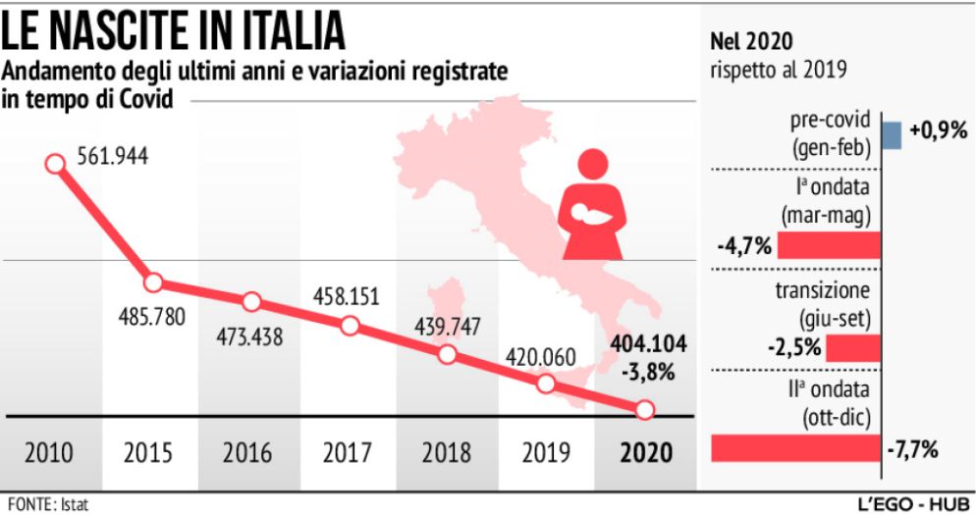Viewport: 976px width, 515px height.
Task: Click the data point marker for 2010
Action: coord(55,164)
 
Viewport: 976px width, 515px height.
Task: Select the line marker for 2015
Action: coord(152,283)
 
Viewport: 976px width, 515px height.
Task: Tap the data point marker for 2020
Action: coord(644,410)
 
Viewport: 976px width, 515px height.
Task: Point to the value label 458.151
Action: coord(346,295)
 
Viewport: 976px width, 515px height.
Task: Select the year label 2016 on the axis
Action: coord(246,453)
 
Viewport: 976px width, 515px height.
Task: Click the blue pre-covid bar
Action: coord(891,134)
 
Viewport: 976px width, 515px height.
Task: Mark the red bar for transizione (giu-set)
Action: coord(852,347)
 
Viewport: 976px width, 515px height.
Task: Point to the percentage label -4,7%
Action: coord(745,244)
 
